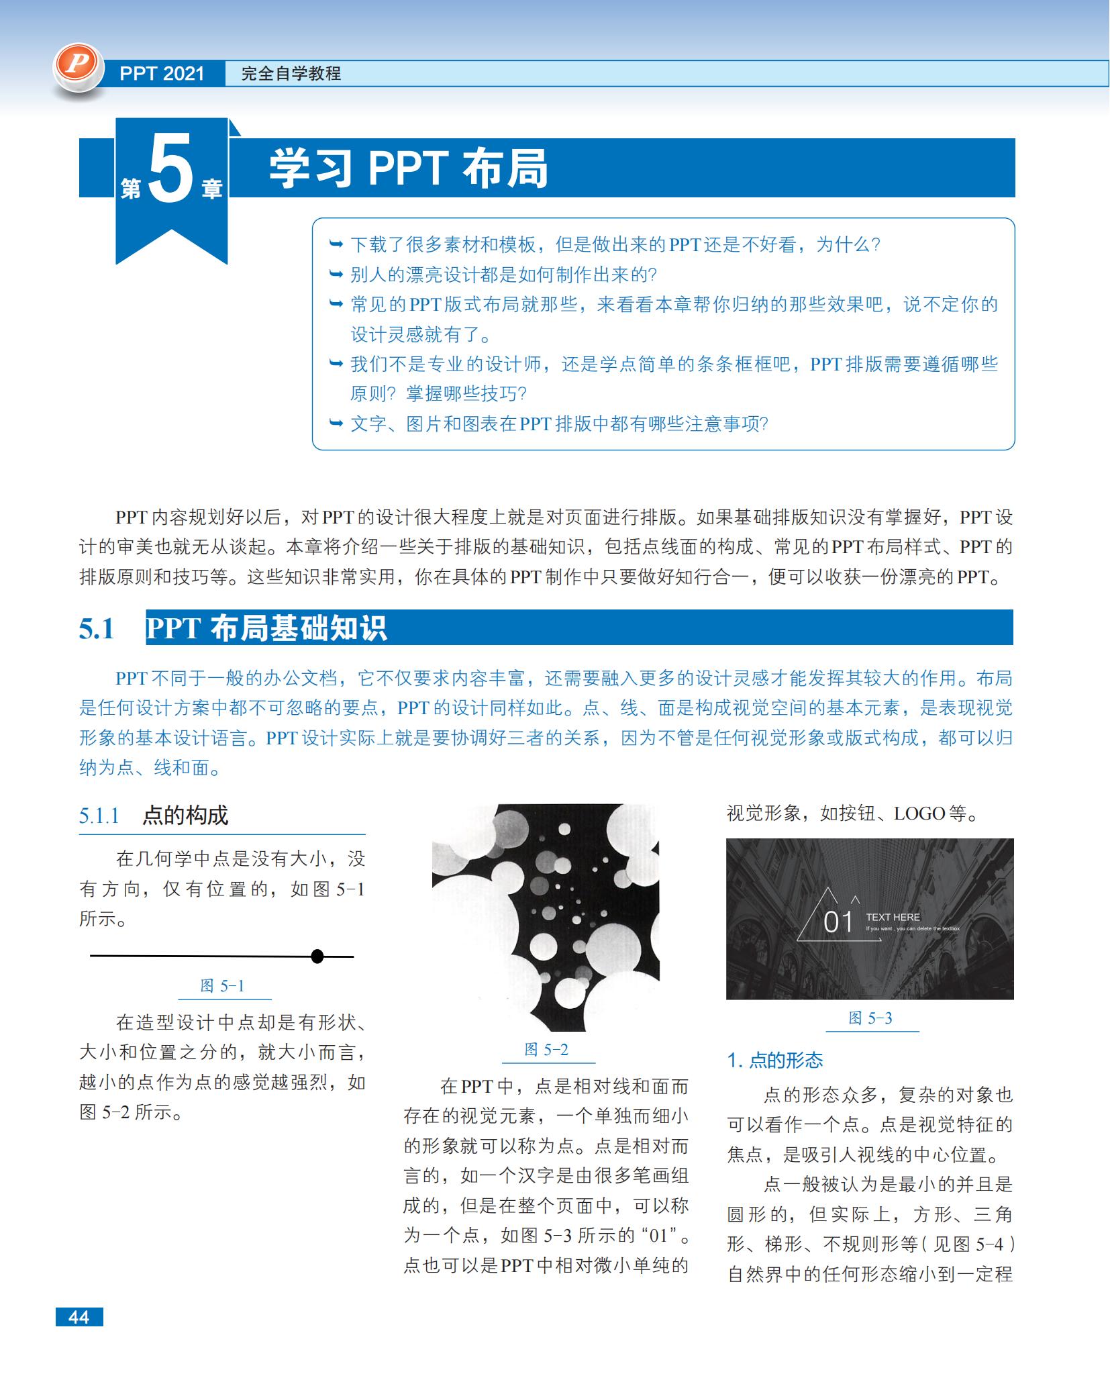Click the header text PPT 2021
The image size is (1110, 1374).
(x=162, y=74)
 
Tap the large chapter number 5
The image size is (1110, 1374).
(x=170, y=168)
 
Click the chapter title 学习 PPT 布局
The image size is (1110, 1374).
(x=408, y=168)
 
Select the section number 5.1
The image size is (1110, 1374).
(x=97, y=629)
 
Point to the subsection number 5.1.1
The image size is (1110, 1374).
(x=99, y=816)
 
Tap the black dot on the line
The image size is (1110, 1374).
(x=317, y=956)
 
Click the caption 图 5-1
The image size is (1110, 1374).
(x=222, y=986)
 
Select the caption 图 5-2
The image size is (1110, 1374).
(x=546, y=1050)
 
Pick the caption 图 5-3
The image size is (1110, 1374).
(x=870, y=1018)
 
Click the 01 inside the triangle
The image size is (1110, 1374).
(x=838, y=922)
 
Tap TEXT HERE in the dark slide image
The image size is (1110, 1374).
(x=893, y=917)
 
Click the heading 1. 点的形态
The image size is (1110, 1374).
(x=775, y=1061)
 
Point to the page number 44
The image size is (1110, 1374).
(x=79, y=1317)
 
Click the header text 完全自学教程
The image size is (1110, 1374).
(x=291, y=74)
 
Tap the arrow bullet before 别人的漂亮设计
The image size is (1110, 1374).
(x=336, y=274)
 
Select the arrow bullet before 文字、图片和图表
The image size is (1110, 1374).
(x=336, y=423)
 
